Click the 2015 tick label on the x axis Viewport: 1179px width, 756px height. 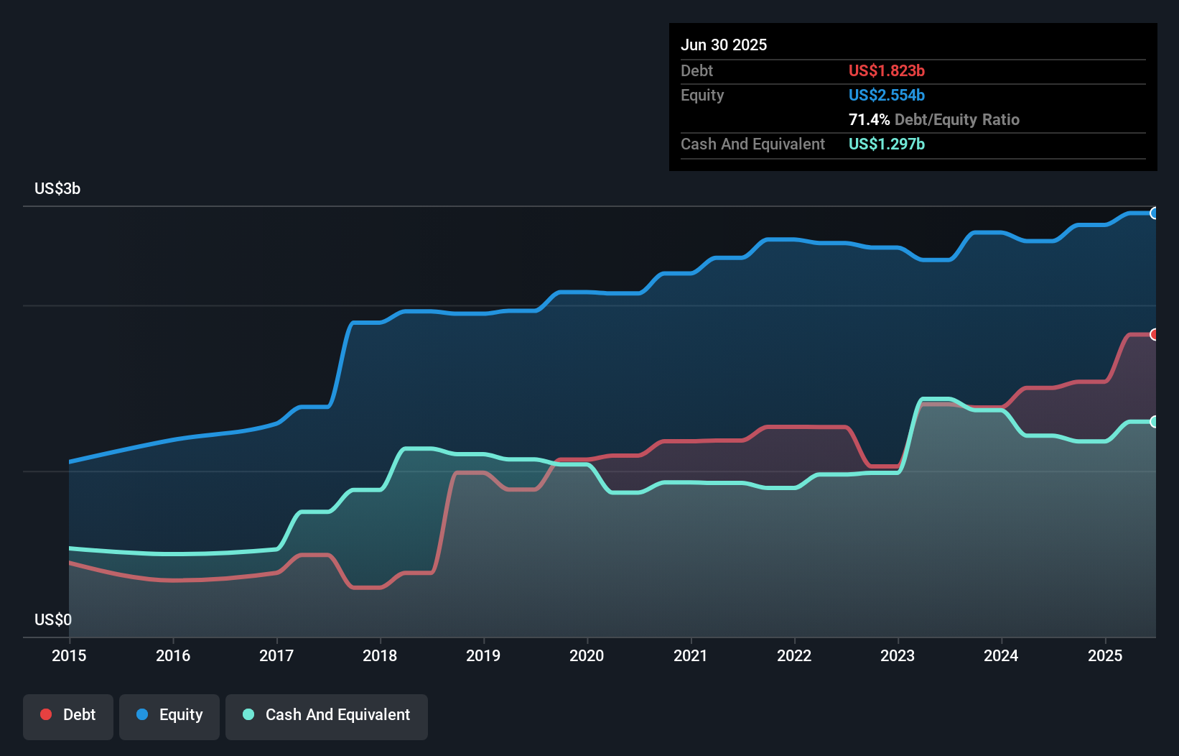[x=69, y=655]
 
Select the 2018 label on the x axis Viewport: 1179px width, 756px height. [x=380, y=655]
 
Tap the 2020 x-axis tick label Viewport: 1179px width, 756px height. [x=587, y=655]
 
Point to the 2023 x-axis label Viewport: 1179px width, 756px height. [x=898, y=655]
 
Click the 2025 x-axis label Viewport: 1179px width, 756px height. [x=1105, y=655]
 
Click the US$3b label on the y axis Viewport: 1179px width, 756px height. [x=57, y=188]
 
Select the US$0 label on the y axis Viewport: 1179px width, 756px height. [x=53, y=619]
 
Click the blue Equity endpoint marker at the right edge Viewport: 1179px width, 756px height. [x=1154, y=213]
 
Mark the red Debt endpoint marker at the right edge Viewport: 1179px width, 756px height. [x=1154, y=334]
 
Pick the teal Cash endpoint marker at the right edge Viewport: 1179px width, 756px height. [x=1154, y=422]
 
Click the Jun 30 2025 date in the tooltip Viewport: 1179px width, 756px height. [x=724, y=45]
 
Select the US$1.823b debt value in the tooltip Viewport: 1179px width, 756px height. [x=886, y=70]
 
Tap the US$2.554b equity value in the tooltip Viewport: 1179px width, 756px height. [x=886, y=95]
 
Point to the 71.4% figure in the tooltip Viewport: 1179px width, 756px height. [x=869, y=119]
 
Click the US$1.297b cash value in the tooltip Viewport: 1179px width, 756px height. [x=886, y=144]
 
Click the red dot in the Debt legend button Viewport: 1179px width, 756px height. [x=46, y=714]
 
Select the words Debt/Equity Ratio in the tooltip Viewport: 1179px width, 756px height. [x=956, y=119]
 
